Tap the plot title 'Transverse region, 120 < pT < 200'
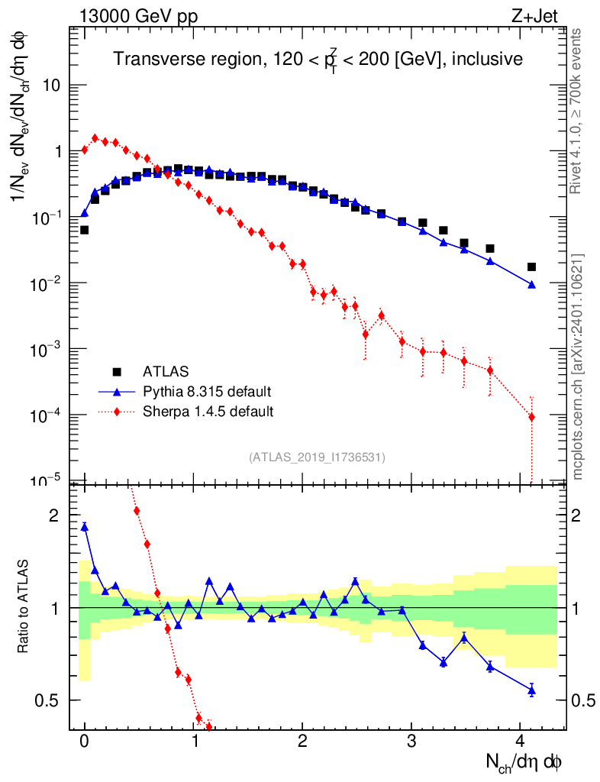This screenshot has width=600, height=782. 318,59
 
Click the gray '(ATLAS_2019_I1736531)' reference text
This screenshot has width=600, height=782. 318,457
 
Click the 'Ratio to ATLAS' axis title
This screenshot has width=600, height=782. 25,608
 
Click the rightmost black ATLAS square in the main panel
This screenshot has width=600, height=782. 531,267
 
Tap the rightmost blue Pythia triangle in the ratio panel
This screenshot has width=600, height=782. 531,690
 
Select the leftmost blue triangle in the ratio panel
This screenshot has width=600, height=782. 85,526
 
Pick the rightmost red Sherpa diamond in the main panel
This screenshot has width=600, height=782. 531,417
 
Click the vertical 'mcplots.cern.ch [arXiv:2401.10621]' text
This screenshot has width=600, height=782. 578,367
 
